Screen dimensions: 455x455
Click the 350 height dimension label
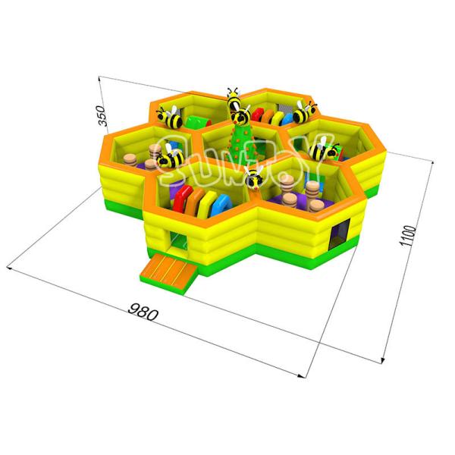(102, 116)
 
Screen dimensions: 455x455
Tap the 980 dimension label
(143, 312)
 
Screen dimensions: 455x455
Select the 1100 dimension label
(408, 236)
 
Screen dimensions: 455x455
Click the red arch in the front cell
(182, 198)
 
